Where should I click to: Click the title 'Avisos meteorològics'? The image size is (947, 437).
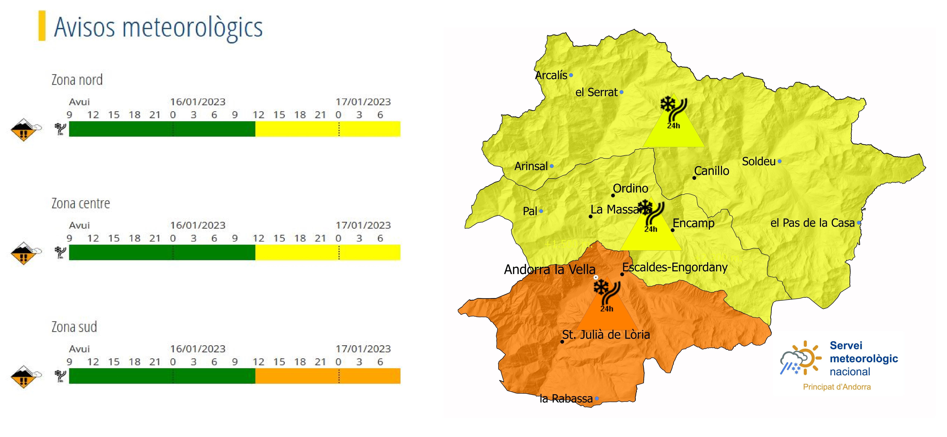coord(158,28)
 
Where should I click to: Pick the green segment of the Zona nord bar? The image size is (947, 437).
coord(162,129)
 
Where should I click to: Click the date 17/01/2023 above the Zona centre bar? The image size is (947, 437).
coord(363,225)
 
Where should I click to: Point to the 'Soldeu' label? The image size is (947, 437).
coord(758,161)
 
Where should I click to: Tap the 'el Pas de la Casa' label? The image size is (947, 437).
coord(812,223)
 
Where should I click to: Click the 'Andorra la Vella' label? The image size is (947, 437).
coord(549,270)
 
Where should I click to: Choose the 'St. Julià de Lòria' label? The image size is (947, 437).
coord(606,335)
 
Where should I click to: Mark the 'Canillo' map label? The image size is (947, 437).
coord(711,171)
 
